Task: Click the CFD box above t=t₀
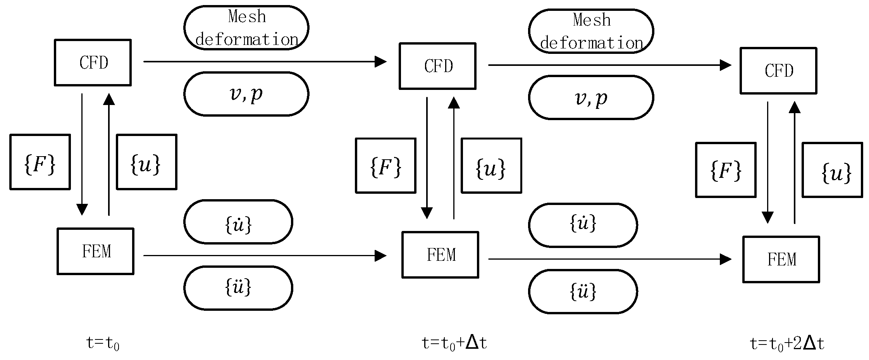[93, 62]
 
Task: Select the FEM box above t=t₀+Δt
[440, 255]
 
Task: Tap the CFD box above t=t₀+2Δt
[778, 71]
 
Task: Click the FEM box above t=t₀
[95, 251]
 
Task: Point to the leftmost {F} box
[40, 162]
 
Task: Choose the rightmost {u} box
[832, 170]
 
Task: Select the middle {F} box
[385, 165]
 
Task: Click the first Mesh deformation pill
[246, 28]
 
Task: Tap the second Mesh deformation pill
[591, 31]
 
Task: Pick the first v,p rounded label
[246, 94]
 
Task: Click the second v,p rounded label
[591, 97]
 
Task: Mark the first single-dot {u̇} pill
[238, 222]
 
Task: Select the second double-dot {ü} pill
[583, 291]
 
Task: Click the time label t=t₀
[103, 343]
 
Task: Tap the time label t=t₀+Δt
[454, 343]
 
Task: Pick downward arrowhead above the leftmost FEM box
[82, 210]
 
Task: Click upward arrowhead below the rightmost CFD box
[795, 107]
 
